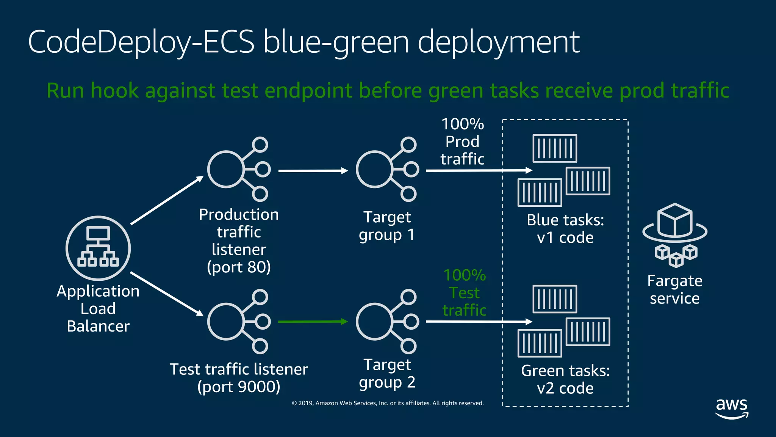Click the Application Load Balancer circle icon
[98, 248]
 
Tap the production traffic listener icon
[238, 169]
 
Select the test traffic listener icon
[238, 322]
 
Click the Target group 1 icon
[386, 169]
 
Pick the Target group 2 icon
[386, 322]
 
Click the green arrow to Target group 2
[313, 322]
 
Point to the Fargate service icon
[675, 235]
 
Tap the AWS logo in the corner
[732, 408]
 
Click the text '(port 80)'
[239, 267]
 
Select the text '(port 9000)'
[239, 387]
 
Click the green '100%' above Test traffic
[465, 275]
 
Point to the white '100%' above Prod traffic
[463, 124]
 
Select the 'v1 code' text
[565, 238]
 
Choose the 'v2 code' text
[565, 388]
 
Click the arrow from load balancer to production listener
[167, 200]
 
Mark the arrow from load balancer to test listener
[167, 294]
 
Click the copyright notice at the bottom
[388, 403]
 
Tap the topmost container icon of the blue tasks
[555, 148]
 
